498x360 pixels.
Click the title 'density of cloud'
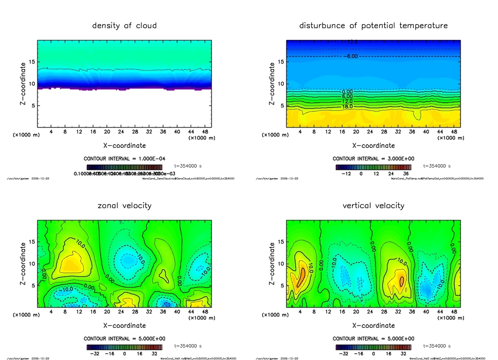click(124, 25)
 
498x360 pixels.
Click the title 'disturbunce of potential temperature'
click(373, 25)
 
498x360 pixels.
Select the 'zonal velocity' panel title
click(124, 205)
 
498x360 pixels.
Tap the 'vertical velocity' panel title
click(373, 205)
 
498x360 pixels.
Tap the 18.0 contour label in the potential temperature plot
click(348, 107)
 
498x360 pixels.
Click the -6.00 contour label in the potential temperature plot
click(351, 56)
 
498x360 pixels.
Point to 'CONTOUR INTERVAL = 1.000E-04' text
click(124, 159)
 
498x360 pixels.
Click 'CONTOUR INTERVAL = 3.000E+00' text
click(373, 159)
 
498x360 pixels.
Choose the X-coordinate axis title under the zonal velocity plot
click(124, 325)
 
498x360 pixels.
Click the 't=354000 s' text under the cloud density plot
click(188, 166)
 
